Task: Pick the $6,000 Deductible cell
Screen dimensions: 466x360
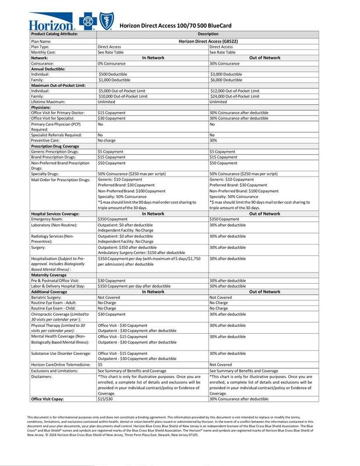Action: [x=227, y=80]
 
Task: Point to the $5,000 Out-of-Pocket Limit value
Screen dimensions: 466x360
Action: [x=122, y=91]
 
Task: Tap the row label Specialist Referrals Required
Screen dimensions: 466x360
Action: [x=58, y=134]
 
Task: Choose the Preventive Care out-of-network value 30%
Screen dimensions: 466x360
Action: [x=213, y=140]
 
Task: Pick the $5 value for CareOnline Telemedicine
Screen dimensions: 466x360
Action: [x=100, y=363]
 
